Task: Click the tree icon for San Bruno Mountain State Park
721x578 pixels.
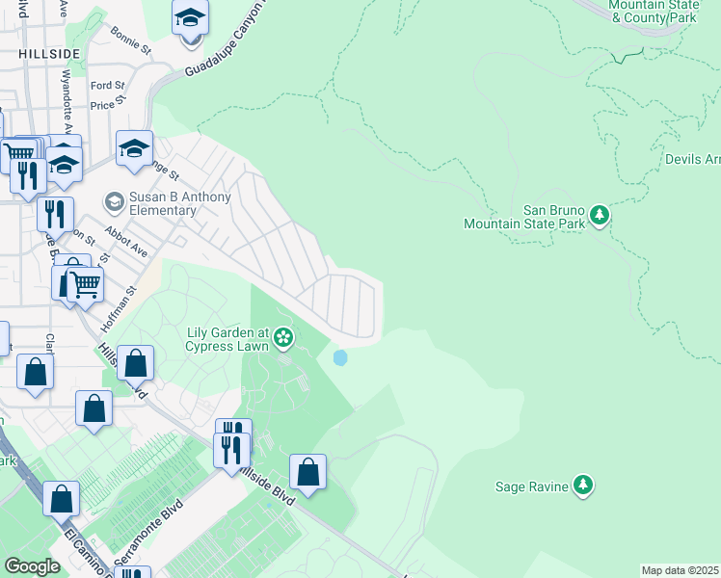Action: [600, 214]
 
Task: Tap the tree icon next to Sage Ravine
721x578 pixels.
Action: [582, 486]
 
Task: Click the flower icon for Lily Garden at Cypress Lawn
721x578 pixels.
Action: [282, 336]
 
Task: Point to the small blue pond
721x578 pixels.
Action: [339, 357]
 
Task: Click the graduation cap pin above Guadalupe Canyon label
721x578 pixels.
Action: [190, 18]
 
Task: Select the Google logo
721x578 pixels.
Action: [32, 566]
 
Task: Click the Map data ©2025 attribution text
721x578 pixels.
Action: [680, 570]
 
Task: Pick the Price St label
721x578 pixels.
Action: [108, 101]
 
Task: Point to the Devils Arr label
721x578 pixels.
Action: [692, 159]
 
